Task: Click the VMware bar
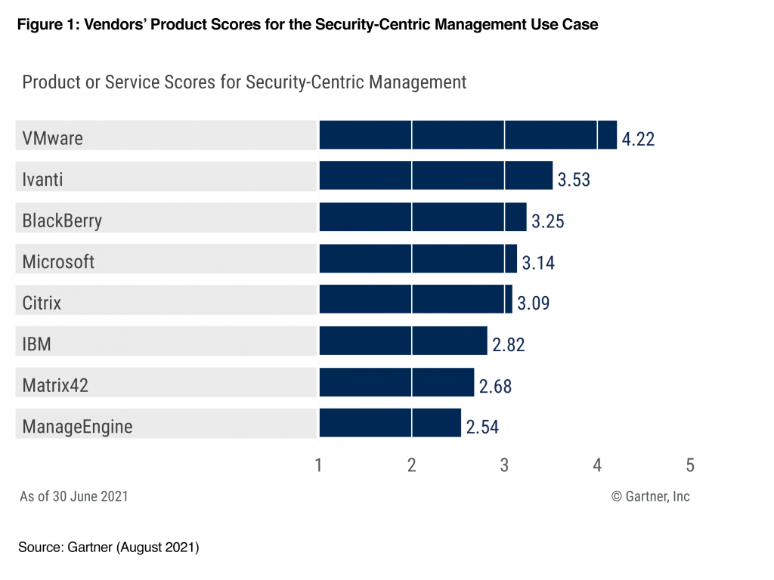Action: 468,135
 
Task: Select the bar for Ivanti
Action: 435,176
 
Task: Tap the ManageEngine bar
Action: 390,423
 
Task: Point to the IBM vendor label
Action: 36,344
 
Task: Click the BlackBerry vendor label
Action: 62,221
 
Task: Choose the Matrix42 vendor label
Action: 55,385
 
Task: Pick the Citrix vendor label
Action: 42,303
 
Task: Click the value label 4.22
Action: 638,139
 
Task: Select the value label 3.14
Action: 538,262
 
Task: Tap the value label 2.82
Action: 508,345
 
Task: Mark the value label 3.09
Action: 533,304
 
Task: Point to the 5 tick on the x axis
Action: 689,465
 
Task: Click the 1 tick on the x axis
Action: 319,465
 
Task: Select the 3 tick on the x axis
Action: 504,465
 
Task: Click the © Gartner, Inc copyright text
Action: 650,496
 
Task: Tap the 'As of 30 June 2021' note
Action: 73,496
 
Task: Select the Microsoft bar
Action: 418,258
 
